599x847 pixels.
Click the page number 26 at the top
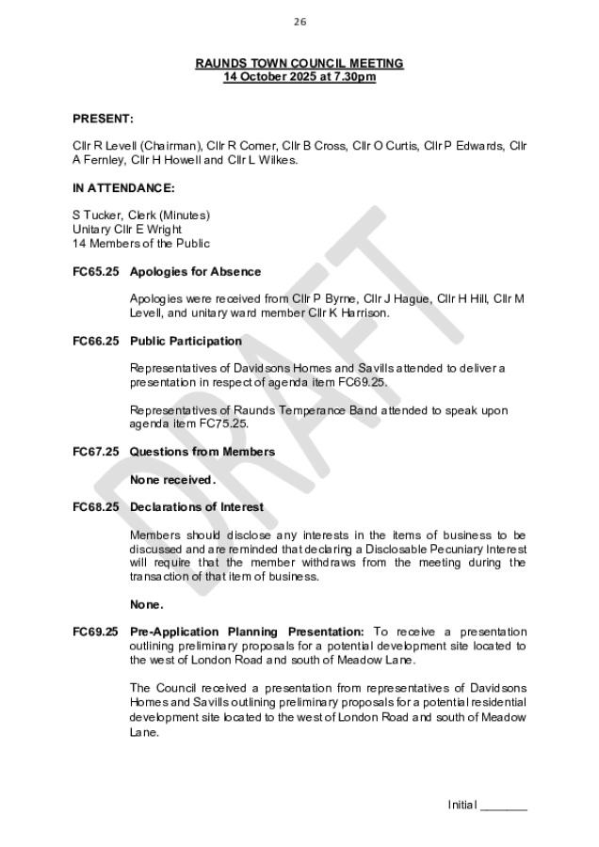click(299, 21)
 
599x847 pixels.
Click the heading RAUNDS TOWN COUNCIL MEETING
click(299, 63)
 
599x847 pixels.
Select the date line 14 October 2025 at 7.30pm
click(299, 76)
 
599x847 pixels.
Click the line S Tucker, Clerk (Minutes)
click(141, 215)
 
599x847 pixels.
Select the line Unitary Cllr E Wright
click(127, 229)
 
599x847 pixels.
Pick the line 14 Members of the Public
click(141, 243)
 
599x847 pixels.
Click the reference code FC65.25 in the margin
click(95, 272)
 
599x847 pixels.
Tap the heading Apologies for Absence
click(195, 272)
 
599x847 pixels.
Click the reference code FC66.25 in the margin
click(95, 341)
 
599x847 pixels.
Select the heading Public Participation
click(186, 341)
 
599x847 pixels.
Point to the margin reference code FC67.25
click(95, 452)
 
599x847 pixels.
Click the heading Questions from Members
click(202, 452)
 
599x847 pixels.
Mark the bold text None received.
click(172, 480)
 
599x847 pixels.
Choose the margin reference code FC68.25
click(95, 507)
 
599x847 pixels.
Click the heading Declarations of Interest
click(196, 507)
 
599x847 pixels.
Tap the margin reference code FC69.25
click(95, 631)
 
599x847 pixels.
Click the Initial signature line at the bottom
click(487, 805)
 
